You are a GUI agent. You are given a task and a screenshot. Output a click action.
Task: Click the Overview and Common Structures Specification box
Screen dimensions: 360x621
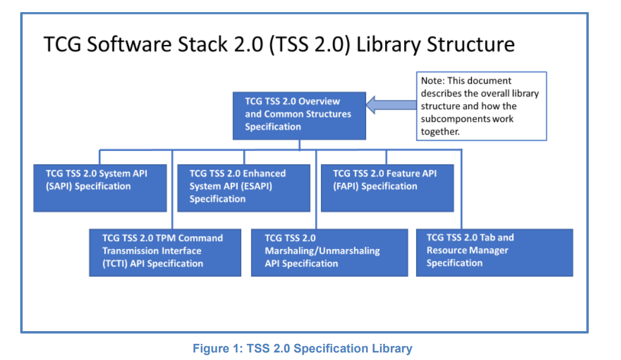pyautogui.click(x=299, y=115)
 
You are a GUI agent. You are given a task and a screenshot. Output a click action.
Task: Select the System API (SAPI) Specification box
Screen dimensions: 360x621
pyautogui.click(x=100, y=188)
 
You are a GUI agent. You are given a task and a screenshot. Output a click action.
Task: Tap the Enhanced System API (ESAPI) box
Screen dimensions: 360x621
pyautogui.click(x=243, y=188)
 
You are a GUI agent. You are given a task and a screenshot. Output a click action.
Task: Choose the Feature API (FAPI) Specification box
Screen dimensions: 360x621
pyautogui.click(x=387, y=188)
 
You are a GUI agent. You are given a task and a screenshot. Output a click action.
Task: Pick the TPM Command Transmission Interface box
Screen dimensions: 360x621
pyautogui.click(x=165, y=253)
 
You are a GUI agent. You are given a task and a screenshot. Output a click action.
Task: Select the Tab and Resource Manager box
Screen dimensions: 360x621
pyautogui.click(x=494, y=253)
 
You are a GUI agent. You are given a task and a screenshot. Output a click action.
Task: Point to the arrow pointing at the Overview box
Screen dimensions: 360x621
pyautogui.click(x=391, y=105)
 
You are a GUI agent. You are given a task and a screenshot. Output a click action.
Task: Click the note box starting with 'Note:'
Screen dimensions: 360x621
pyautogui.click(x=481, y=106)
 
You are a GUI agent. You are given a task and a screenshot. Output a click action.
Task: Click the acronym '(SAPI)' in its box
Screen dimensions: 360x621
pyautogui.click(x=60, y=186)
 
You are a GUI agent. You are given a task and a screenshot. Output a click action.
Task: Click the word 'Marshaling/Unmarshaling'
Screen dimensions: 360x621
pyautogui.click(x=322, y=251)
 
